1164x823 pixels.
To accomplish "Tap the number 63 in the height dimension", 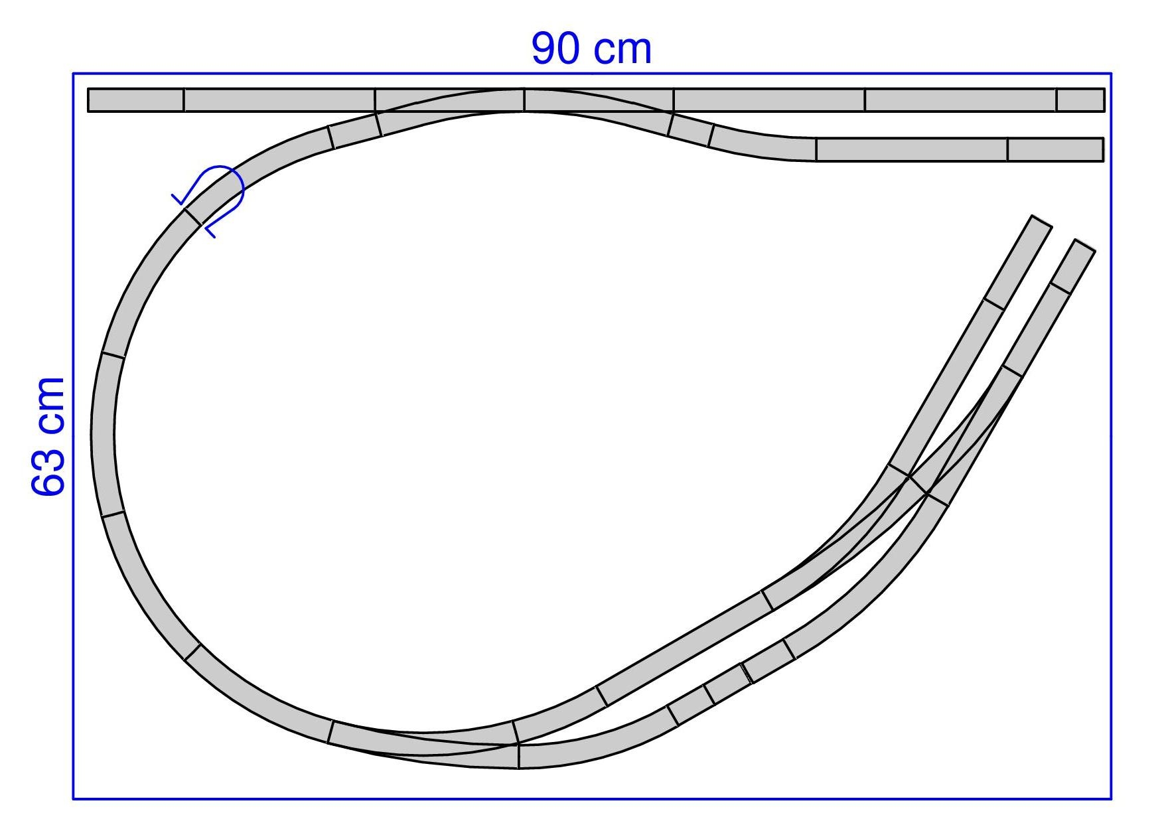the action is coord(48,466).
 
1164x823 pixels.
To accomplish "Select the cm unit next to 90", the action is coord(622,51).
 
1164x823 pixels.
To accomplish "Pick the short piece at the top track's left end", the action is coord(136,100).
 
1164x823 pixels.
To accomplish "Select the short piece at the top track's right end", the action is coord(1080,100).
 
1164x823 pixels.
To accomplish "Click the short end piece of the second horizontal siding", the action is coord(1055,149).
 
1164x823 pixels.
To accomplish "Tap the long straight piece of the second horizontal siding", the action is coord(911,149).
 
